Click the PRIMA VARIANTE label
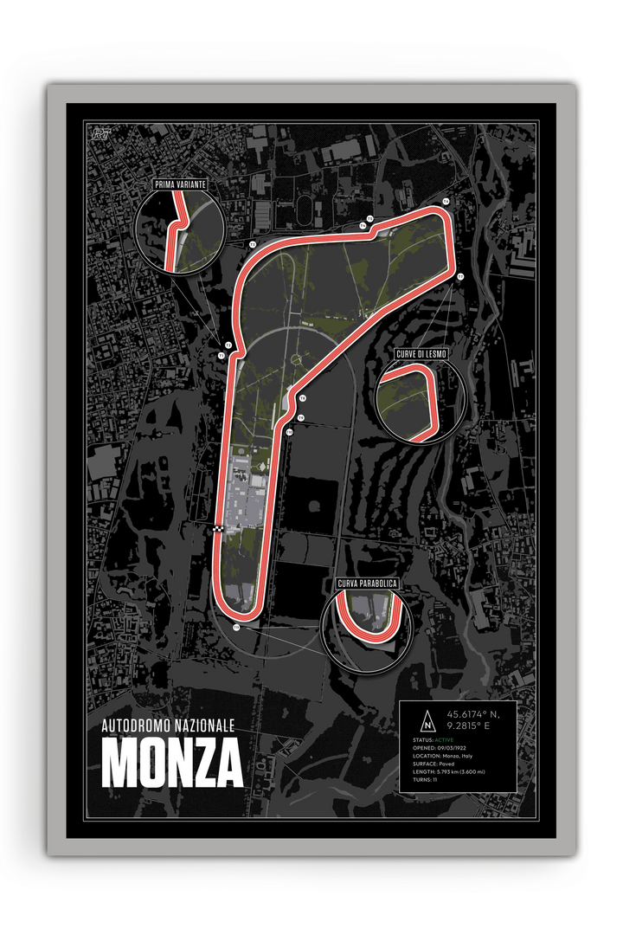pyautogui.click(x=179, y=184)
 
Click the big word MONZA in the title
pyautogui.click(x=172, y=761)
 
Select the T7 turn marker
pyautogui.click(x=460, y=276)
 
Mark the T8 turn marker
pyautogui.click(x=303, y=397)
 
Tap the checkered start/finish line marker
pyautogui.click(x=219, y=528)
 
